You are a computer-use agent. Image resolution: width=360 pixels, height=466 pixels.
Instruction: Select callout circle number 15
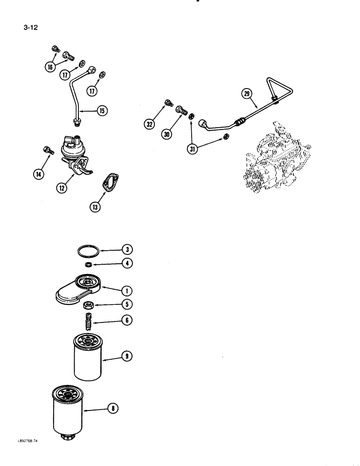coord(102,110)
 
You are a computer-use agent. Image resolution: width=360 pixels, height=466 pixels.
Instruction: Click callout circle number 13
coord(95,207)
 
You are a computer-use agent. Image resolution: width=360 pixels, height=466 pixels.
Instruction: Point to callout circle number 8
coord(112,409)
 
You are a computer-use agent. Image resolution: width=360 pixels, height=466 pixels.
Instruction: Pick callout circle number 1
coord(125,291)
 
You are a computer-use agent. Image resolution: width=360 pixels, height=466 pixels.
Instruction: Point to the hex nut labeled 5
coord(88,306)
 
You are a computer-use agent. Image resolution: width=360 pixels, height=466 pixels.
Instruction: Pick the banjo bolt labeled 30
coord(181,110)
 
